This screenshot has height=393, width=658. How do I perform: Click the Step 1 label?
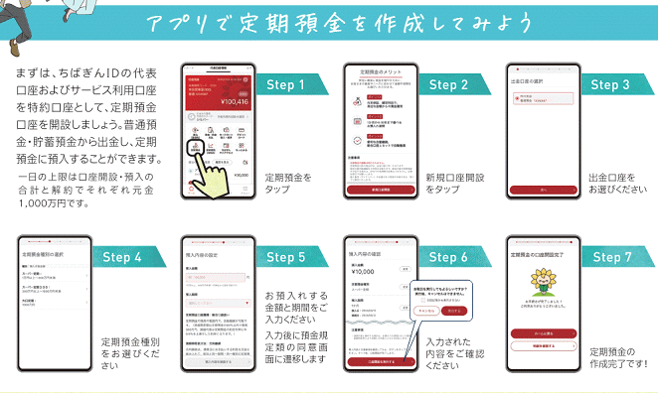pyautogui.click(x=286, y=85)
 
